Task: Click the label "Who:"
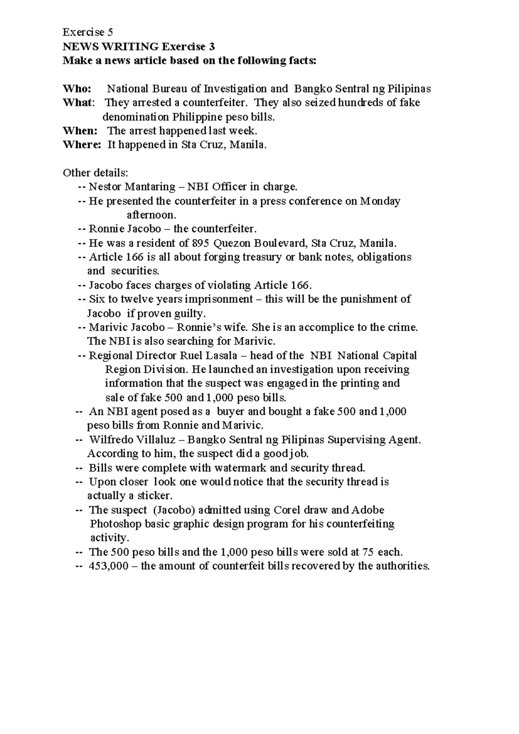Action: (x=77, y=89)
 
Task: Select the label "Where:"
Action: (x=82, y=145)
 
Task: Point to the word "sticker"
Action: (x=154, y=496)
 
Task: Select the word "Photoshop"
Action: (x=115, y=524)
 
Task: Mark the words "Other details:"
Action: (x=96, y=173)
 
